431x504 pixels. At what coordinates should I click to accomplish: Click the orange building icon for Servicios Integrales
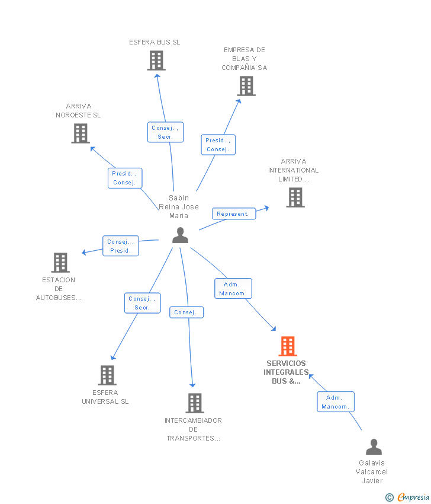(x=288, y=346)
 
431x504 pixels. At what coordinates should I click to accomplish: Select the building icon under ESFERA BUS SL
(x=156, y=60)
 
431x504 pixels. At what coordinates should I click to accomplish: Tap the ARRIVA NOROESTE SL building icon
(x=81, y=133)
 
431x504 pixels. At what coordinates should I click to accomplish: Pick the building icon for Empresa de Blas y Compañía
(x=246, y=86)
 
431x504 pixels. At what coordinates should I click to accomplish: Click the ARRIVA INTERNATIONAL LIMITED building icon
(x=295, y=197)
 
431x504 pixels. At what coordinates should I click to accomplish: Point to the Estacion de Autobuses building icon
(x=60, y=263)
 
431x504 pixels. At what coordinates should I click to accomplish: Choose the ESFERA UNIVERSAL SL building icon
(x=107, y=375)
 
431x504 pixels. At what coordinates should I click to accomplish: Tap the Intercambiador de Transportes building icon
(x=195, y=403)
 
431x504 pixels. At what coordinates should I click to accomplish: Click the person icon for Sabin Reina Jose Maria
(x=180, y=235)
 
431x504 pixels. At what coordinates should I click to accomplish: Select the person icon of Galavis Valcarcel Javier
(x=374, y=447)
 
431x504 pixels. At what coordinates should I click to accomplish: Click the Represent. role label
(x=234, y=213)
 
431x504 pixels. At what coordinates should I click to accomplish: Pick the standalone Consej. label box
(x=186, y=312)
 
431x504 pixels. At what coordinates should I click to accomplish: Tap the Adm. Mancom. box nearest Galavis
(x=336, y=402)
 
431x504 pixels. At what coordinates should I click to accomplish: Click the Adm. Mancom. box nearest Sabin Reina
(x=233, y=289)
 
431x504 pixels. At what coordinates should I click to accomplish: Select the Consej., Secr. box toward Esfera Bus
(x=165, y=132)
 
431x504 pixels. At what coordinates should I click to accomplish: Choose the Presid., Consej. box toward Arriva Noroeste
(x=125, y=178)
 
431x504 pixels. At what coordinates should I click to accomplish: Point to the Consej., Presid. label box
(x=121, y=246)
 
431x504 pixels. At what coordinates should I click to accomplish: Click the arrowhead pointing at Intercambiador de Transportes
(x=192, y=385)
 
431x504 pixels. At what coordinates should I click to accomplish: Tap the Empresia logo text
(x=413, y=497)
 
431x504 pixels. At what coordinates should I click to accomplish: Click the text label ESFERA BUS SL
(x=155, y=42)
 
